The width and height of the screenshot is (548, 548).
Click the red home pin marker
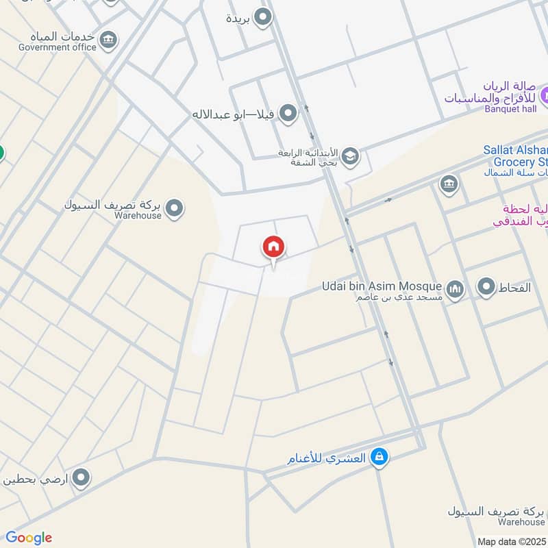pos(273,247)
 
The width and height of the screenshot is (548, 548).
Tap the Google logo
pos(29,538)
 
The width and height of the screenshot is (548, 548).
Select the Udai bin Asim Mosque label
pos(382,286)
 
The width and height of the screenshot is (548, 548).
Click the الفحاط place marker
pos(486,287)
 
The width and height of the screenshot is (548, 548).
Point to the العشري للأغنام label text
pos(328,457)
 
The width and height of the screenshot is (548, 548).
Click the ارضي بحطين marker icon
pos(82,478)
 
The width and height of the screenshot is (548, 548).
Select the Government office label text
pos(58,47)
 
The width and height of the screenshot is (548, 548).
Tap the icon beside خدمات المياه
pos(108,40)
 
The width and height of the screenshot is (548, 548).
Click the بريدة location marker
pos(263,18)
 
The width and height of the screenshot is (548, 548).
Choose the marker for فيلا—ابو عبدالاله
pos(288,113)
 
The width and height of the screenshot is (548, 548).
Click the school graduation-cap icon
pos(350,157)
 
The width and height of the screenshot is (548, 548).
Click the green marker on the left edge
pos(1,152)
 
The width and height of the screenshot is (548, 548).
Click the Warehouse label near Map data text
pos(521,522)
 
